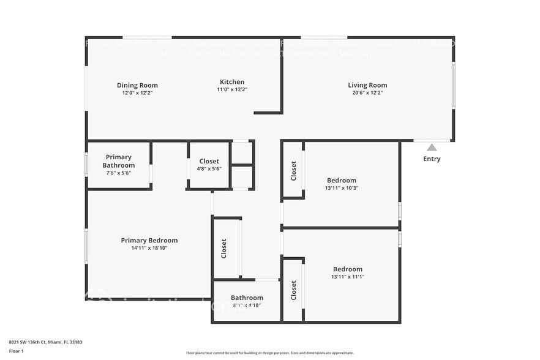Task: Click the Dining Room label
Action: (137, 85)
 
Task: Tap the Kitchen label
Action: (232, 81)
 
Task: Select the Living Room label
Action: (367, 85)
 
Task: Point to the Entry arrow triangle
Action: (432, 147)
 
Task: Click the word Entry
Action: (432, 159)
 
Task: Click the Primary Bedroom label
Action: (149, 241)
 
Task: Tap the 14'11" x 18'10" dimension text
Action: (149, 248)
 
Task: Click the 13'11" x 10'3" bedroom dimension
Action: (341, 188)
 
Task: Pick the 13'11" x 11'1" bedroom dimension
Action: (347, 277)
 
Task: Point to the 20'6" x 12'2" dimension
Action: (367, 93)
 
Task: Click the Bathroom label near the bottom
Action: (247, 298)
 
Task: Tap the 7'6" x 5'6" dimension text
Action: (118, 173)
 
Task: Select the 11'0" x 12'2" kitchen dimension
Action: (232, 89)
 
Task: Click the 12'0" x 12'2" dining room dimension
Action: (137, 93)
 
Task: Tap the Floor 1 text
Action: (17, 351)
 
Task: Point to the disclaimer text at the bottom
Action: (269, 353)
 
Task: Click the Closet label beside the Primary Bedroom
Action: (223, 248)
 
